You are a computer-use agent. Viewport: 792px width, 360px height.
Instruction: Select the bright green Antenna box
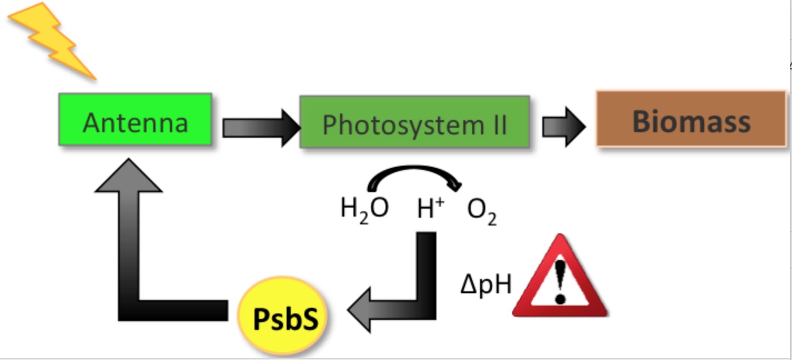pyautogui.click(x=136, y=119)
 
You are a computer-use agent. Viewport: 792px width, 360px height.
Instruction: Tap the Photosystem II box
pyautogui.click(x=414, y=122)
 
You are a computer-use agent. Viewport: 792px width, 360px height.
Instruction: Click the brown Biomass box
pyautogui.click(x=691, y=119)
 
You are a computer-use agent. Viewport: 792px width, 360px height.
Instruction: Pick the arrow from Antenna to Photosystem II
pyautogui.click(x=261, y=128)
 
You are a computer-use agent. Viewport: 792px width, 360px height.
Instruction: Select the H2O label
pyautogui.click(x=364, y=209)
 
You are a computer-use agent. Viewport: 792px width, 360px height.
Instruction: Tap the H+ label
pyautogui.click(x=431, y=209)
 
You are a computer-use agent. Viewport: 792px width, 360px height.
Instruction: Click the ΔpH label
pyautogui.click(x=485, y=284)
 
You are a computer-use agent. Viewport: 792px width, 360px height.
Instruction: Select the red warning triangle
pyautogui.click(x=559, y=281)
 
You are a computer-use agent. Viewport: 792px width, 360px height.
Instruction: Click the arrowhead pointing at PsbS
pyautogui.click(x=360, y=309)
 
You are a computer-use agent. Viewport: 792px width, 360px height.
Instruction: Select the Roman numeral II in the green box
pyautogui.click(x=498, y=124)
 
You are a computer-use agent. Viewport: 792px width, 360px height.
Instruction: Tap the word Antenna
pyautogui.click(x=136, y=122)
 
